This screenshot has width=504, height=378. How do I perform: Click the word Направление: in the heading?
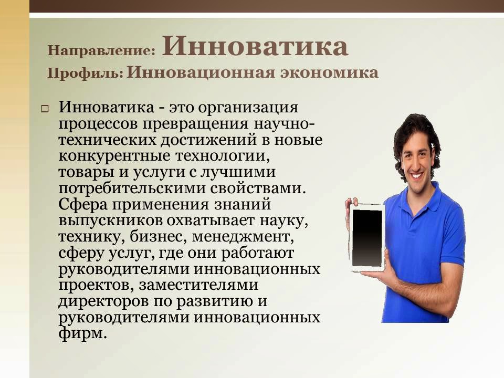[x=102, y=51]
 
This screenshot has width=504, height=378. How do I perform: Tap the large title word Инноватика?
[x=255, y=46]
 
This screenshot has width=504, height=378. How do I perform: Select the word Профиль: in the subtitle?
[x=86, y=73]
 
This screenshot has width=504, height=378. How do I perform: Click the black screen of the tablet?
[x=367, y=237]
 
